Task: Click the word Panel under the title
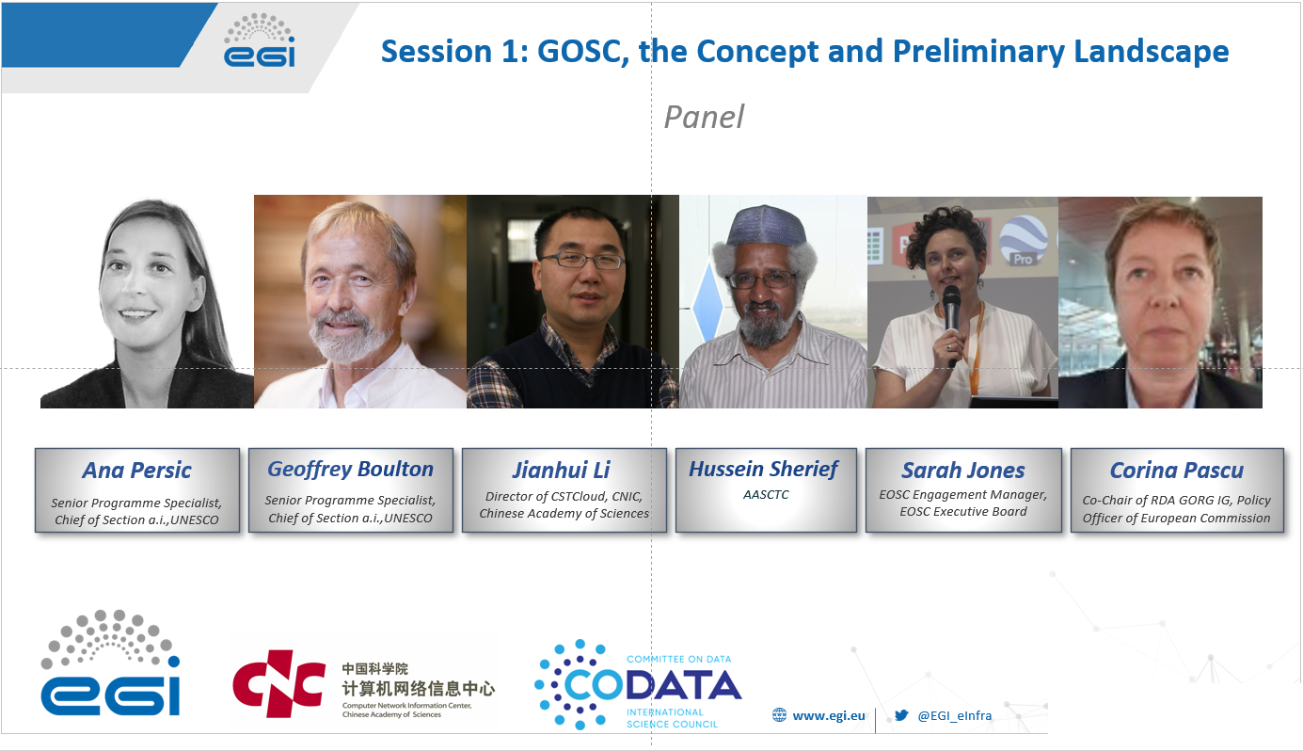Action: (x=704, y=117)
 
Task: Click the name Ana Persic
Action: (x=136, y=470)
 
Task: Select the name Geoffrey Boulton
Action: (x=350, y=470)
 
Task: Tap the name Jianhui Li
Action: (x=562, y=470)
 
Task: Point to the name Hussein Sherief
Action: (x=764, y=469)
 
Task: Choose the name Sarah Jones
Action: (x=963, y=470)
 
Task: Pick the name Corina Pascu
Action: (x=1177, y=470)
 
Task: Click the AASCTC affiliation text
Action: (x=766, y=494)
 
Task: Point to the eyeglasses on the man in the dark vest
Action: (x=581, y=260)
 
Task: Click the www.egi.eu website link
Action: (x=828, y=715)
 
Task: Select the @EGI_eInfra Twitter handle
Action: (x=955, y=715)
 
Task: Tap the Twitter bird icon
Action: (x=901, y=715)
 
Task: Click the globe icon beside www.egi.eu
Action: (x=779, y=715)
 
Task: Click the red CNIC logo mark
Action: (x=278, y=683)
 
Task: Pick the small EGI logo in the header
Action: (x=260, y=40)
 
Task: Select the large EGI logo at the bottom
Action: (x=110, y=663)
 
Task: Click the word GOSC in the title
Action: (x=583, y=51)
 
